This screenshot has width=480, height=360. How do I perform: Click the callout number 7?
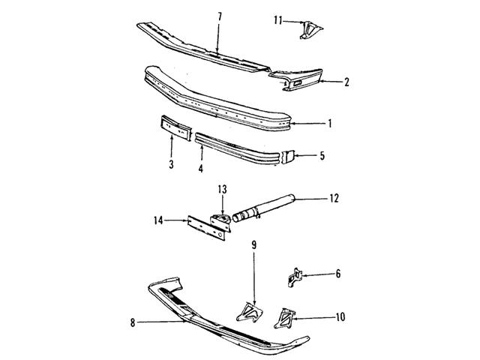pos(220,16)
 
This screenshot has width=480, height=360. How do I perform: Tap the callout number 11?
pos(278,20)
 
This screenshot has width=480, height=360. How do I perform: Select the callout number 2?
pos(346,82)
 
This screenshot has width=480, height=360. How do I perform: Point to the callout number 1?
pos(330,123)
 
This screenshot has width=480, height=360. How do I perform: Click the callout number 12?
pos(334,198)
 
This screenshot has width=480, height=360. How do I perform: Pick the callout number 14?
pos(158,220)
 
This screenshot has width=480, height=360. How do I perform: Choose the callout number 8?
pos(133,322)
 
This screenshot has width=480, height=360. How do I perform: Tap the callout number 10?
pos(340,316)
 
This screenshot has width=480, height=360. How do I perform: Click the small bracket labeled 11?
pos(310,30)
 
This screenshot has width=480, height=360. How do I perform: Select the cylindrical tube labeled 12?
pos(264,208)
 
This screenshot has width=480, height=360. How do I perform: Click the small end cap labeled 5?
pos(288,157)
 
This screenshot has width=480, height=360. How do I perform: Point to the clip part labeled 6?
pos(295,277)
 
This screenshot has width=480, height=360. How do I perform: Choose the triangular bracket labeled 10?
pos(284,318)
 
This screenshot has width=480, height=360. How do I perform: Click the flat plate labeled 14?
pos(207,228)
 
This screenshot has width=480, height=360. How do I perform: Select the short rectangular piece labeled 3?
pos(176,127)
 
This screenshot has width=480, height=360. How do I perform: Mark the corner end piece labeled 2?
pos(295,80)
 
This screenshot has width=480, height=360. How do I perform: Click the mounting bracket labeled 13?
pos(220,222)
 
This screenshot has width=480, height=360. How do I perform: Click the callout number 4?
pos(200,168)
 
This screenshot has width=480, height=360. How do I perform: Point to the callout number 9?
pos(253,245)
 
